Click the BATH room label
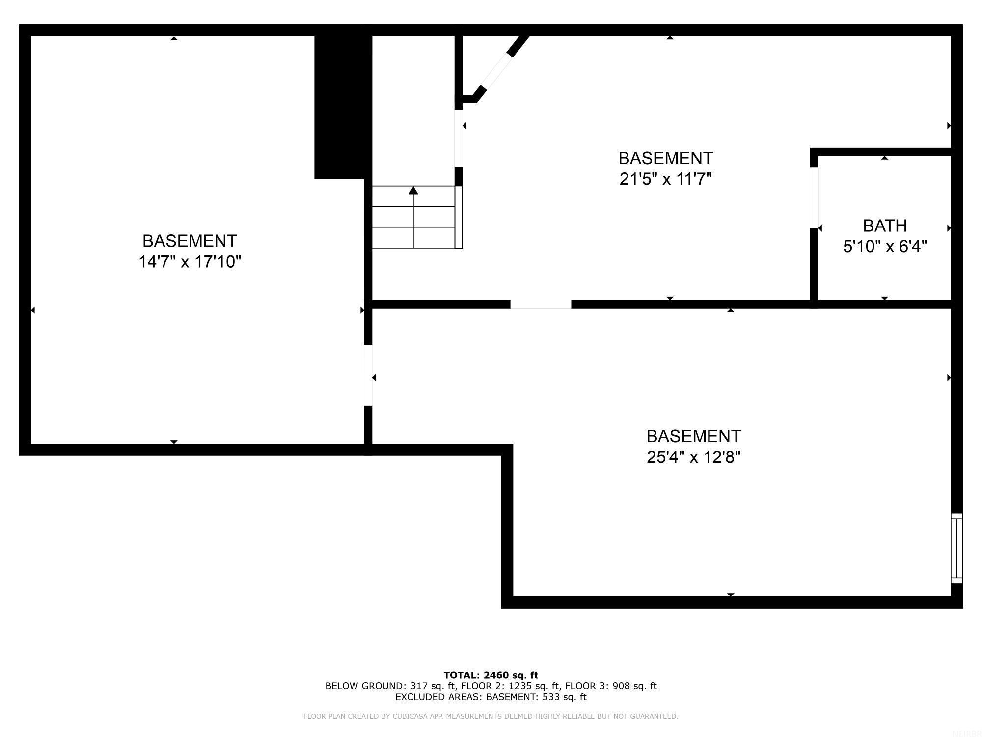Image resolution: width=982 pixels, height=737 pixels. tap(885, 226)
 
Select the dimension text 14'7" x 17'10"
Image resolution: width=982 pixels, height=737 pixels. tap(190, 262)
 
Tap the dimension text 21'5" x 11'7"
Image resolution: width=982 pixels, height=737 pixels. tap(665, 179)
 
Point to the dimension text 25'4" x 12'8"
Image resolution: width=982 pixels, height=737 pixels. tap(693, 457)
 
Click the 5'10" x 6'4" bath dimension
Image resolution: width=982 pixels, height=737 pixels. tap(885, 246)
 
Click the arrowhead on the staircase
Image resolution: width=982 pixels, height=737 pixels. tap(413, 190)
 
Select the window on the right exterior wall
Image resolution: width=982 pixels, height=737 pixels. tap(956, 548)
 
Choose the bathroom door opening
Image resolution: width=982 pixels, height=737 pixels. tap(814, 198)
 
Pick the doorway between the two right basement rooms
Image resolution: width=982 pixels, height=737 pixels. tap(541, 304)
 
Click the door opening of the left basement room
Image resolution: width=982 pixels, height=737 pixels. tap(368, 375)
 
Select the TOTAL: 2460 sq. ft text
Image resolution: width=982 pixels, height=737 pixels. tap(491, 675)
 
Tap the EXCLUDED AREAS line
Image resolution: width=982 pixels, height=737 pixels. tap(491, 697)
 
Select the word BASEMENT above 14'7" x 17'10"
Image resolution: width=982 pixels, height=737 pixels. tap(190, 241)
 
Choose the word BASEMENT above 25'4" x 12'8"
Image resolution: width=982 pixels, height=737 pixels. tap(693, 436)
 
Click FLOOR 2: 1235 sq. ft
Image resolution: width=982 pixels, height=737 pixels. tap(508, 686)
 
